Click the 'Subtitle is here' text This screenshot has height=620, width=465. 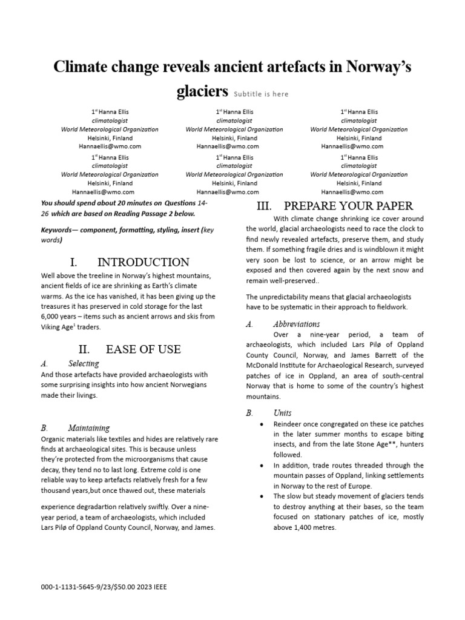click(x=261, y=94)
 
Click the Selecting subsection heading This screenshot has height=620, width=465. click(x=84, y=364)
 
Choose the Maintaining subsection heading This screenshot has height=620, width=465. click(x=89, y=427)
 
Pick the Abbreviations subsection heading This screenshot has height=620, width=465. click(x=297, y=324)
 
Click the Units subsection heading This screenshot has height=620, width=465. click(x=282, y=413)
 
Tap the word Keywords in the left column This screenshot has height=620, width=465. click(x=56, y=231)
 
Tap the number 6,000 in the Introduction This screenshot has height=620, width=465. click(x=50, y=317)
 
